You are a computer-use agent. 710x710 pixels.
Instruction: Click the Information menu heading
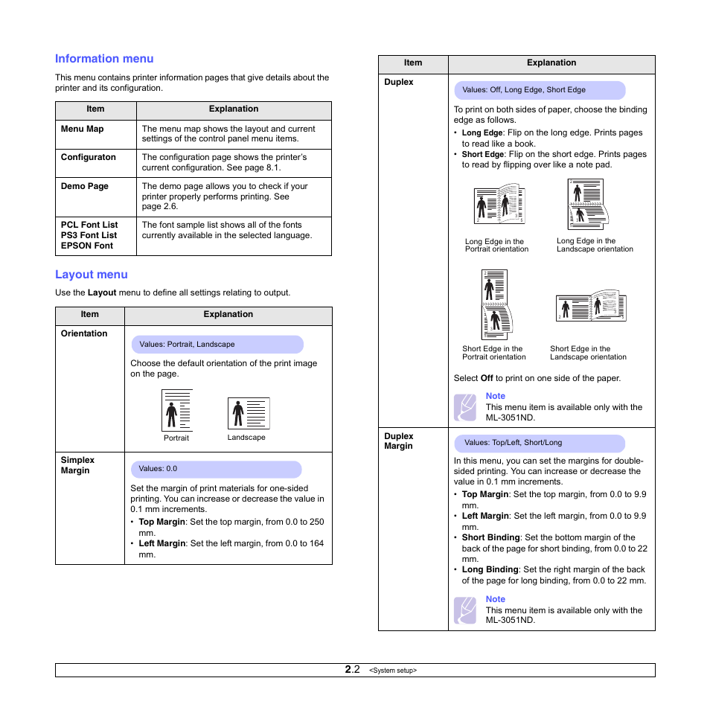(104, 59)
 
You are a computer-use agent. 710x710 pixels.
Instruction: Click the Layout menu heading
(92, 275)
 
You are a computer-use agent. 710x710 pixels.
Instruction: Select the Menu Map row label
(82, 129)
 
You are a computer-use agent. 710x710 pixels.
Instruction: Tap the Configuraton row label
(88, 157)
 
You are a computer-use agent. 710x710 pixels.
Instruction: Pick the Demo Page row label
(84, 186)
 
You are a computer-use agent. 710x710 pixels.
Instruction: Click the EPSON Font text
(87, 246)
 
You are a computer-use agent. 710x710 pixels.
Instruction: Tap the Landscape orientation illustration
(249, 413)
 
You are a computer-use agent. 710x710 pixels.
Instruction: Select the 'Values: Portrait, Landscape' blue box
(217, 345)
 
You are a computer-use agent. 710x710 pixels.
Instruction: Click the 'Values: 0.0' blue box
(216, 470)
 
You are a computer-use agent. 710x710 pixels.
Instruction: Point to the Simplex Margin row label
(77, 465)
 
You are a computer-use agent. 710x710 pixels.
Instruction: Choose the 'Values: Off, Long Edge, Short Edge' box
(540, 90)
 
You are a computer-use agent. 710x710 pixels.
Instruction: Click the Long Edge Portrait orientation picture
(499, 205)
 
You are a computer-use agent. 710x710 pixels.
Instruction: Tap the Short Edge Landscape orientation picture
(590, 307)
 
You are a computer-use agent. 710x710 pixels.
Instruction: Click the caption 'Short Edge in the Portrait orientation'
(493, 353)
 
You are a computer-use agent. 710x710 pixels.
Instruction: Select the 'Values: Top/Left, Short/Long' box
(540, 443)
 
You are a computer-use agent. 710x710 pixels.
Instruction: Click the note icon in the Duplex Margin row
(465, 610)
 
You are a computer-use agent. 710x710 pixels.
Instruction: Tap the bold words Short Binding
(490, 537)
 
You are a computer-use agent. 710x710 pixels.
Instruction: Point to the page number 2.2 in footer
(352, 670)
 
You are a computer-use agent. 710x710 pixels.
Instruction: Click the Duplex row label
(398, 82)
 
